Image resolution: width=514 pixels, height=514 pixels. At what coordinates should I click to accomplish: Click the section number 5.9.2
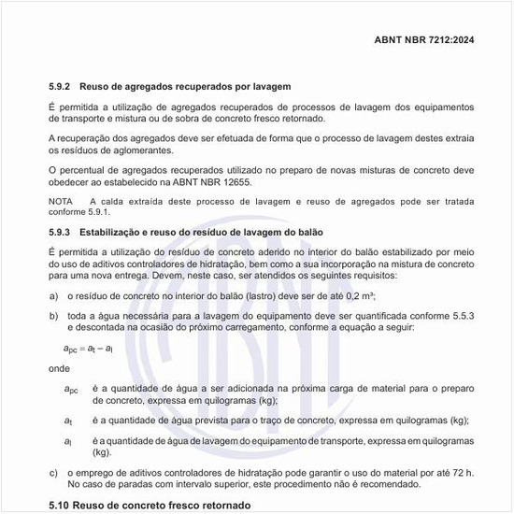63,86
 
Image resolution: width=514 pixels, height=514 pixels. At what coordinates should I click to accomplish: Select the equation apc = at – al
90,348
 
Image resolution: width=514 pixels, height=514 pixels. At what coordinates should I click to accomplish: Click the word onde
58,368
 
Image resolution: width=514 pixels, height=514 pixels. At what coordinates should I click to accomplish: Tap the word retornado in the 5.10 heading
212,506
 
